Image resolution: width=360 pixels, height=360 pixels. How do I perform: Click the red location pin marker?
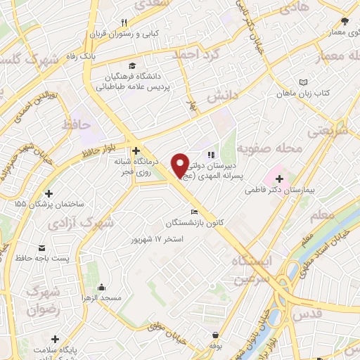coord(180,165)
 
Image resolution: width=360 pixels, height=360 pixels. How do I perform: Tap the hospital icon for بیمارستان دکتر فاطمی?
coord(279,179)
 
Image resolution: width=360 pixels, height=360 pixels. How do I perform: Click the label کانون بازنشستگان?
coord(195,223)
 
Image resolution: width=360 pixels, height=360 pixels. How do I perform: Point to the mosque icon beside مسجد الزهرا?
coord(102,287)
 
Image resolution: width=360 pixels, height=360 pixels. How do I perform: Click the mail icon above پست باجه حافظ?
coord(43,247)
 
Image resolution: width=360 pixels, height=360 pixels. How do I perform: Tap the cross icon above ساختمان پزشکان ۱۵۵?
coord(49,193)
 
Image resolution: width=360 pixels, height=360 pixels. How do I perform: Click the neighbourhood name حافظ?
coord(77,124)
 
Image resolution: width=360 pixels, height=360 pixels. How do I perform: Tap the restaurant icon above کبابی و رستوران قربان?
coord(124,22)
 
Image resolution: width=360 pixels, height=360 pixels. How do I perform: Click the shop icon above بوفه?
coord(214,335)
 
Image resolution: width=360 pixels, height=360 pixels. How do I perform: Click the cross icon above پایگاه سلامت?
coord(54,339)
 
